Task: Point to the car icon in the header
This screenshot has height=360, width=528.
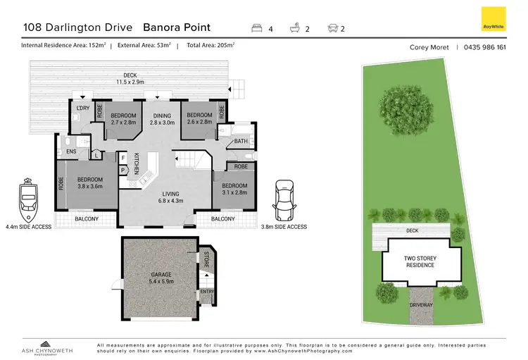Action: click(x=332, y=28)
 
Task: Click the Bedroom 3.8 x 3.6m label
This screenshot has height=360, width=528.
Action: click(x=90, y=183)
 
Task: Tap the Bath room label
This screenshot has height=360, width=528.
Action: click(x=241, y=141)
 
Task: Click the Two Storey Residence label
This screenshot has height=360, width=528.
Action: click(x=419, y=261)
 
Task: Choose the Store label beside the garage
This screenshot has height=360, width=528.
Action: click(x=206, y=259)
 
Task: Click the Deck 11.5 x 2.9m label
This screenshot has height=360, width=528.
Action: click(x=128, y=78)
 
